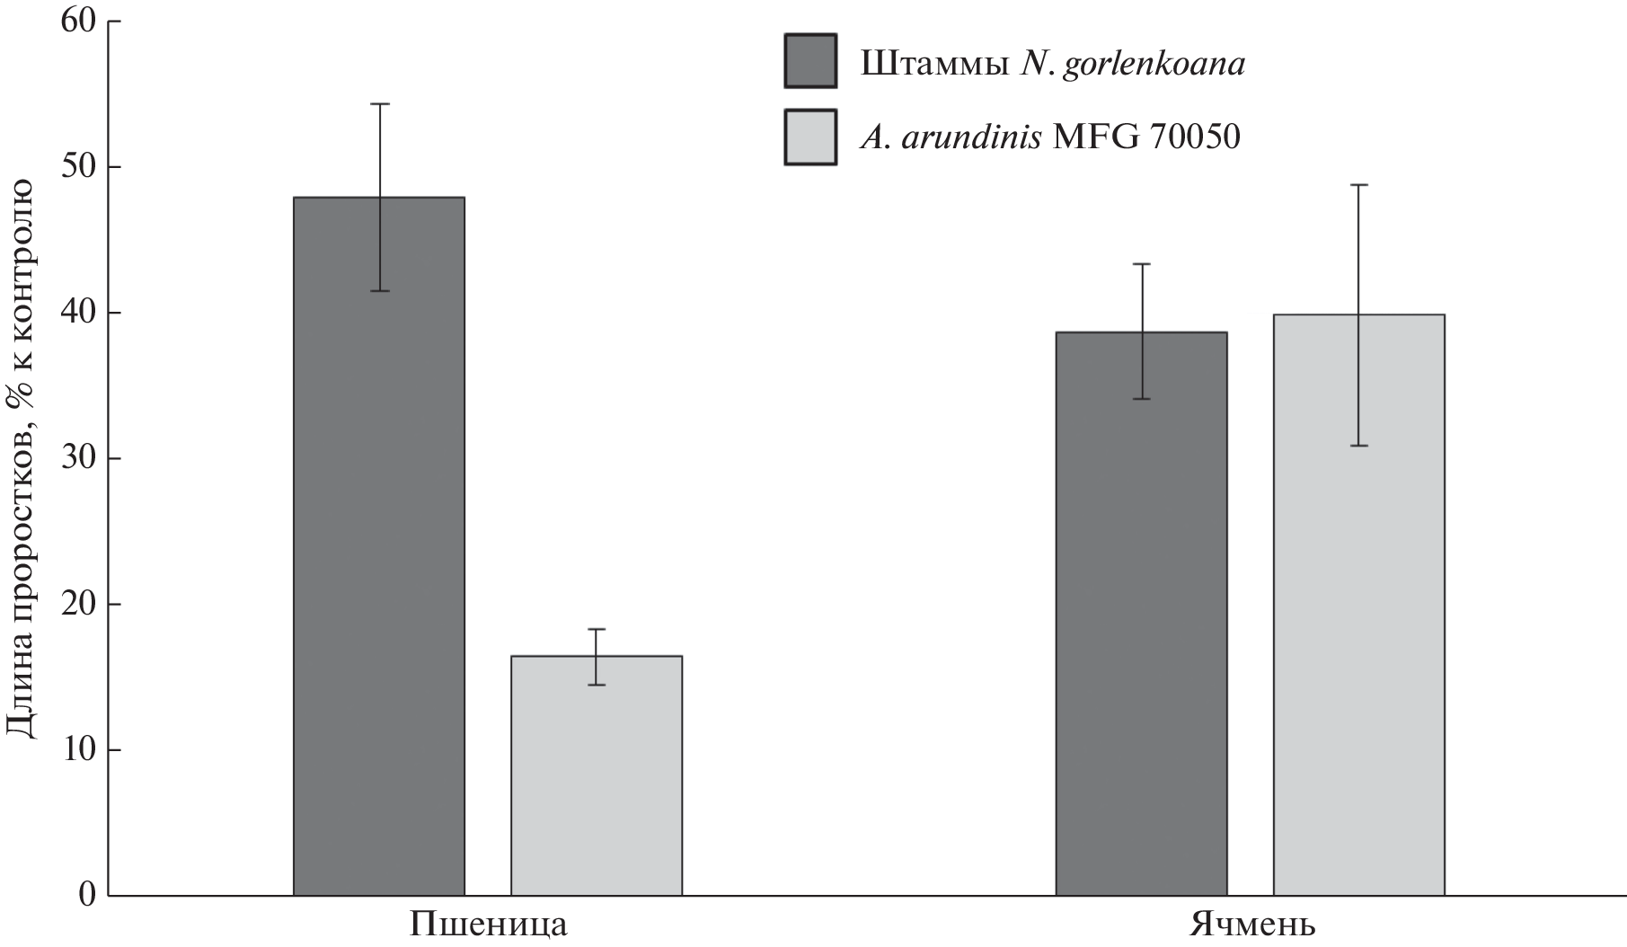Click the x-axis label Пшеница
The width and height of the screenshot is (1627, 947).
point(489,925)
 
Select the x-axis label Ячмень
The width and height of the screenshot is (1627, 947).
point(1253,925)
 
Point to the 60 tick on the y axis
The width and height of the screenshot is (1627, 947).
point(78,22)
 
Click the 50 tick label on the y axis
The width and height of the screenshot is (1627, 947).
point(78,167)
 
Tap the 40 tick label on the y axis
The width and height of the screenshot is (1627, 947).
point(78,313)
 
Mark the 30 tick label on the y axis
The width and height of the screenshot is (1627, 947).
point(78,458)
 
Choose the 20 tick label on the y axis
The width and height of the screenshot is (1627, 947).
point(78,604)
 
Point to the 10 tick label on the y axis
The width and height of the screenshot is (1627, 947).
point(78,749)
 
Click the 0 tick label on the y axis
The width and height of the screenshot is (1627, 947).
point(87,895)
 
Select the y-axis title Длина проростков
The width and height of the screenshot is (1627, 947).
point(22,458)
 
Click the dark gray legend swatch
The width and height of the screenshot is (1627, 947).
point(809,61)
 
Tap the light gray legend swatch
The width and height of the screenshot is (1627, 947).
point(809,137)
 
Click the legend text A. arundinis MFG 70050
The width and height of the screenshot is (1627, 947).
point(1049,137)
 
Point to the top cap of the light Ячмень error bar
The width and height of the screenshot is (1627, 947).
point(1358,185)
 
